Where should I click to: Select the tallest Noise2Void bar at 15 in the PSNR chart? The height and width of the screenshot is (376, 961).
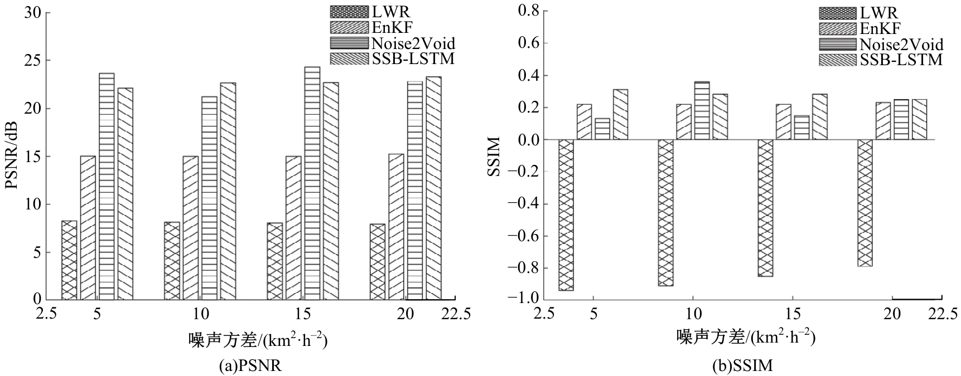[312, 183]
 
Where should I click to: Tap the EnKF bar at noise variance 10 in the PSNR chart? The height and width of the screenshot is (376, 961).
[190, 228]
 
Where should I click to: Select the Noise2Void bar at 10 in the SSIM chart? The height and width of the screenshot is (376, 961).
[702, 111]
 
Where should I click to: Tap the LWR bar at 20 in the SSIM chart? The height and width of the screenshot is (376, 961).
[865, 203]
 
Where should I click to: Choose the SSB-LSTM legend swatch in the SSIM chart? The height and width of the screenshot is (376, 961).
[837, 60]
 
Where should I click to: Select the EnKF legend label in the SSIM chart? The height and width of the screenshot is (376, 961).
[880, 28]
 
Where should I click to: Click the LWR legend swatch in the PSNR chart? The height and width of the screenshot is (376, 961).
[349, 12]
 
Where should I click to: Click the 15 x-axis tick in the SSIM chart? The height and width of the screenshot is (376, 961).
[793, 314]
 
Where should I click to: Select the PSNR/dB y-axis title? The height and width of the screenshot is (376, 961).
[12, 156]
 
